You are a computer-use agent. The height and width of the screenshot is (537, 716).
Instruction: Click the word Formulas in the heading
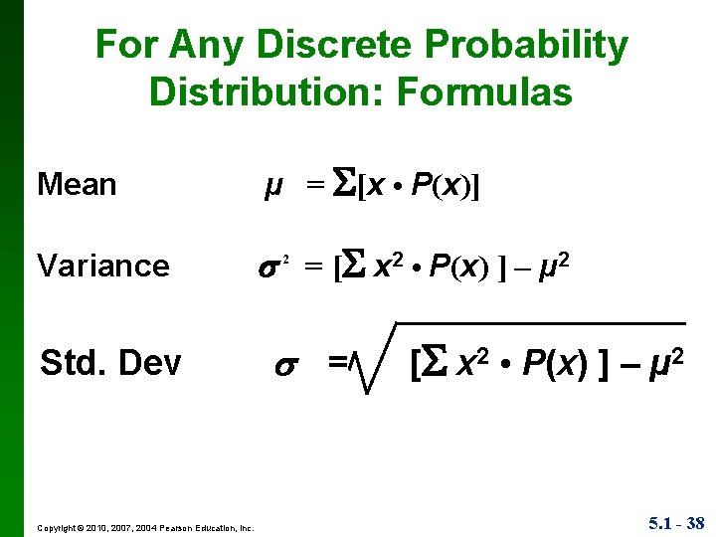(484, 92)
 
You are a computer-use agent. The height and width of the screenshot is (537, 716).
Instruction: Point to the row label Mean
(77, 185)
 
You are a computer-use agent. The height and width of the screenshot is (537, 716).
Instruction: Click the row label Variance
(102, 266)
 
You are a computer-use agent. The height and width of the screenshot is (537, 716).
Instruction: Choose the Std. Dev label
(110, 364)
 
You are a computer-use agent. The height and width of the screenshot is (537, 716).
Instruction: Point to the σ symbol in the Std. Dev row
(283, 365)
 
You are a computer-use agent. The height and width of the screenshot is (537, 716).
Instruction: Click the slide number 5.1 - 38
(676, 522)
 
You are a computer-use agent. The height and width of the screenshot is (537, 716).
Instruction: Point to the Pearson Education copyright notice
(145, 527)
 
